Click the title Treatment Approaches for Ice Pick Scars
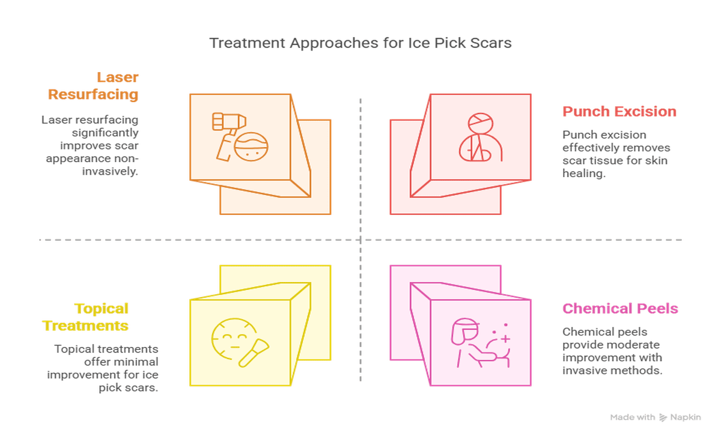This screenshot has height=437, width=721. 360,43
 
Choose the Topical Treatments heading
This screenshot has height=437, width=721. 85,317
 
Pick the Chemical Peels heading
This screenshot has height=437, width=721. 620,309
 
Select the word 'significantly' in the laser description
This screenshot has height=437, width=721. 105,132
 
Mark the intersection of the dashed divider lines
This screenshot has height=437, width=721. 360,240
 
